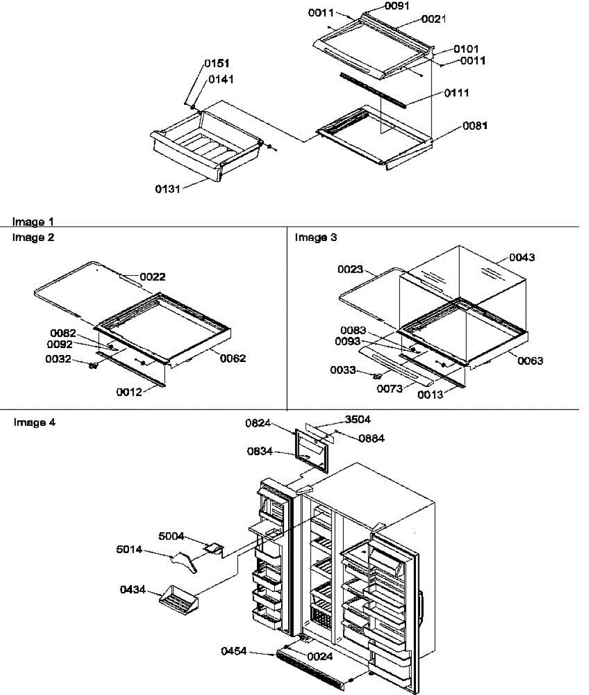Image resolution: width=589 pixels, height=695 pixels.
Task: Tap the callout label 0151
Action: pyautogui.click(x=216, y=64)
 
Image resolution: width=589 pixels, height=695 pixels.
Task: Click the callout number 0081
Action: pyautogui.click(x=474, y=126)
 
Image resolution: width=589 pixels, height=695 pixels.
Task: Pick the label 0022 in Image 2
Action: pyautogui.click(x=152, y=277)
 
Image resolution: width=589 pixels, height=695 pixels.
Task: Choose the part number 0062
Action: pyautogui.click(x=233, y=359)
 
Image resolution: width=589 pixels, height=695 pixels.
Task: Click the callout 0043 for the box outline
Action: pyautogui.click(x=522, y=257)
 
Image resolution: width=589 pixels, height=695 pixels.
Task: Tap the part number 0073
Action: pyautogui.click(x=389, y=389)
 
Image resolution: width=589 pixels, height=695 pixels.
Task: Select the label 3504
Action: pyautogui.click(x=358, y=419)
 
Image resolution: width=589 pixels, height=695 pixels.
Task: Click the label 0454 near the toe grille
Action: pyautogui.click(x=234, y=651)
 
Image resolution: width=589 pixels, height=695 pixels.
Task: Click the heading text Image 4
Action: pyautogui.click(x=35, y=422)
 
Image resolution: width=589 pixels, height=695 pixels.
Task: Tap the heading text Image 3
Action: pyautogui.click(x=316, y=237)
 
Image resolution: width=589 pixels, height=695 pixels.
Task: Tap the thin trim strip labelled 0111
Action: pyautogui.click(x=374, y=90)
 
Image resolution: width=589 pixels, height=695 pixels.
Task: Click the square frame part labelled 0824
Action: pyautogui.click(x=313, y=449)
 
